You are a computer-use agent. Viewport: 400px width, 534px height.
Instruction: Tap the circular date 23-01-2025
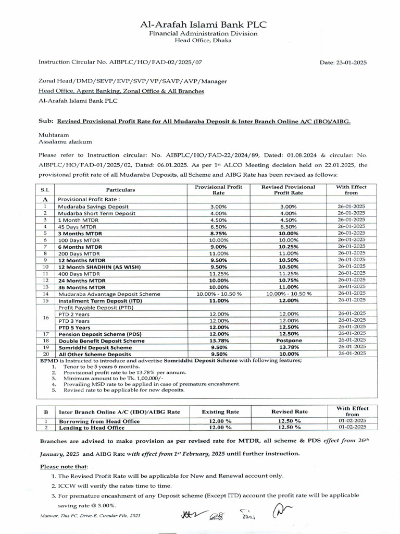coord(343,63)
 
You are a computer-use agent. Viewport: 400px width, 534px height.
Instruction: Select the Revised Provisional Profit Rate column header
coord(288,190)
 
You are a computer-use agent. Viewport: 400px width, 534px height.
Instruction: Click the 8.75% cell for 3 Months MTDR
coord(218,233)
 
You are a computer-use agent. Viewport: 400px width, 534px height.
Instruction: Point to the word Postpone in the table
coord(288,340)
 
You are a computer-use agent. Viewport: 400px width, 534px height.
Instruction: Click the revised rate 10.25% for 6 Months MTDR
coord(288,247)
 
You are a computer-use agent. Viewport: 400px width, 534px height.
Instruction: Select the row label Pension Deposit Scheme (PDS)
coord(100,334)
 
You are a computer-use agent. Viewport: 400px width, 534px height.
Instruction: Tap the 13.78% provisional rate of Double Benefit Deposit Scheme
coord(218,340)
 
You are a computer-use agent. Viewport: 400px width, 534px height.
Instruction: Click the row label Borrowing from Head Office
coord(99,421)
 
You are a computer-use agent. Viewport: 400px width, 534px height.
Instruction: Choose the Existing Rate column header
coord(220,412)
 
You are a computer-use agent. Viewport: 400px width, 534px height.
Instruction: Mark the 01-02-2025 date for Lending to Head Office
coord(352,427)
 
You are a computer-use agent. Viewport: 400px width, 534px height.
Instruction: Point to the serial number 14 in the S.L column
coord(45,294)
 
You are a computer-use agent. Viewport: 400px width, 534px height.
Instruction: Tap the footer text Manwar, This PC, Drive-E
coord(90,516)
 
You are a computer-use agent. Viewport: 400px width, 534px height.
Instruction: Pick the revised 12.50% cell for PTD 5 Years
coord(288,327)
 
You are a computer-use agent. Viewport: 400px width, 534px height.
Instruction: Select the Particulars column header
coord(120,190)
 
